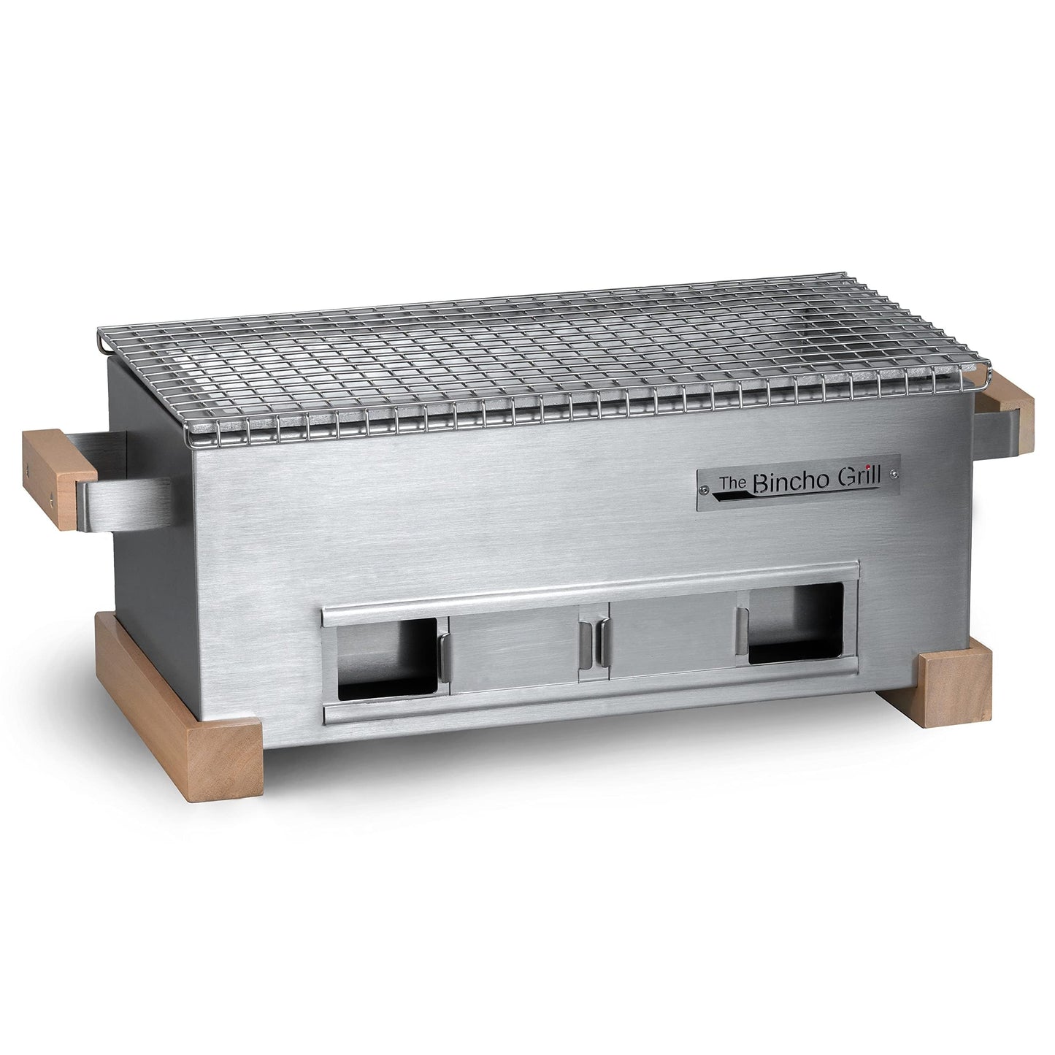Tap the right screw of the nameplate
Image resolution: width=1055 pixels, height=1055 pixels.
pyautogui.click(x=892, y=476)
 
